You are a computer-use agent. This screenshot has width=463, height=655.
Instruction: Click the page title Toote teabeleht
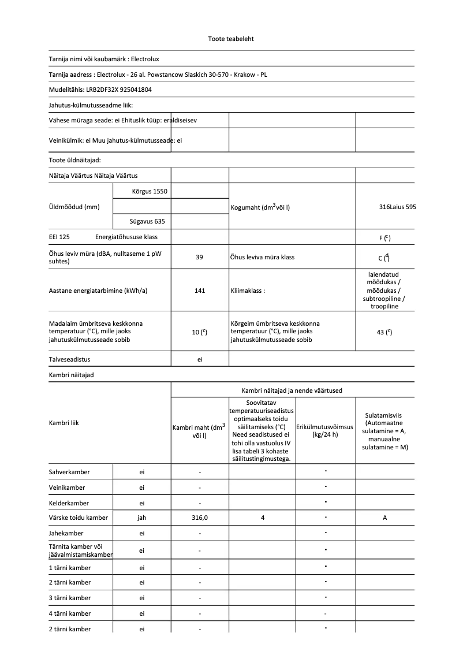[231, 39]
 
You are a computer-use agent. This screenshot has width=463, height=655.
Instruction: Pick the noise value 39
[200, 257]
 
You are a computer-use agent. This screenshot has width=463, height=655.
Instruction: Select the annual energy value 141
[200, 291]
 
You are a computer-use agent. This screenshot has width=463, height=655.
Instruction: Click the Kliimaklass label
[248, 291]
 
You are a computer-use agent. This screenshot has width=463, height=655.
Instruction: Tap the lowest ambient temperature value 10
[197, 332]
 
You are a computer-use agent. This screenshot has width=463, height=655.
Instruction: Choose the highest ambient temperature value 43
[382, 332]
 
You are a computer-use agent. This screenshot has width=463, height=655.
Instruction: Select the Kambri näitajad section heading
[72, 375]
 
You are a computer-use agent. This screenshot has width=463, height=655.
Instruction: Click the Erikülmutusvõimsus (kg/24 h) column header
[326, 430]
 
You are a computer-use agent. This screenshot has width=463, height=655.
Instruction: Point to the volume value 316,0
[200, 518]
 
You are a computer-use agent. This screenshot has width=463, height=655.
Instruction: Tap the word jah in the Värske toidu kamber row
[142, 518]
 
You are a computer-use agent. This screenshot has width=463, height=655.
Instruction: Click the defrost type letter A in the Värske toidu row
[384, 518]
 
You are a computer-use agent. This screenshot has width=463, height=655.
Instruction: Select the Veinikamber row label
[68, 487]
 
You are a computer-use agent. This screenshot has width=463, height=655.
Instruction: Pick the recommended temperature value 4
[262, 518]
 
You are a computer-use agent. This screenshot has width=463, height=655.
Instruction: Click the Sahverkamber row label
[69, 472]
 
